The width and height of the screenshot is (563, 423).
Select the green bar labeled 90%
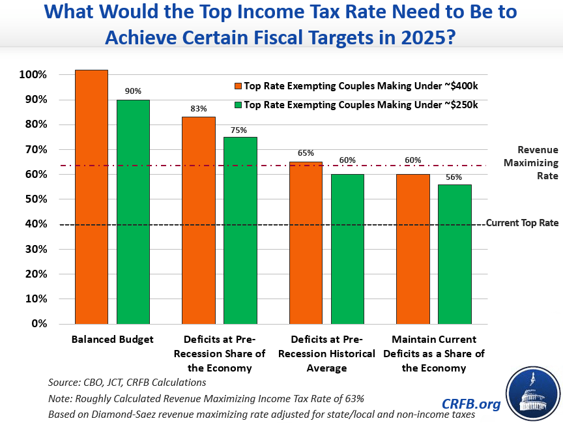(133, 212)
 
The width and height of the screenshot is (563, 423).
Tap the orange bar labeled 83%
(199, 220)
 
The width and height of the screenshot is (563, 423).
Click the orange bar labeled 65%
(306, 242)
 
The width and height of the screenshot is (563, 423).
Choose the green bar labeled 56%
(454, 254)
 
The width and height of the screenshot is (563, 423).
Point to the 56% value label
(454, 177)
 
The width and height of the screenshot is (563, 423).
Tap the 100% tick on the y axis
(33, 75)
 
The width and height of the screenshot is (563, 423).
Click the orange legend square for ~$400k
(238, 85)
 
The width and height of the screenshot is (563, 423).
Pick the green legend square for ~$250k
(238, 104)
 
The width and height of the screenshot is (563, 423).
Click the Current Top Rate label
(522, 223)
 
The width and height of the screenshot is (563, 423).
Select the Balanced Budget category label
(112, 340)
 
